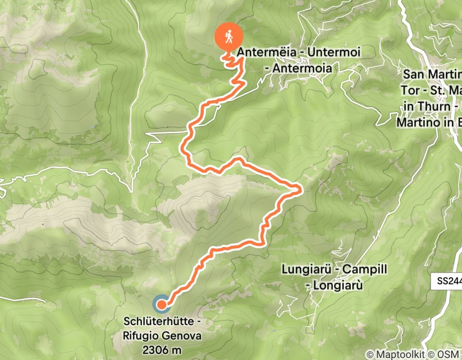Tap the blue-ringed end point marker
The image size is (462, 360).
tap(161, 304)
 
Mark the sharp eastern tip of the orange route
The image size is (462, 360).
tap(300, 191)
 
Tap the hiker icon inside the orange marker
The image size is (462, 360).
tap(227, 35)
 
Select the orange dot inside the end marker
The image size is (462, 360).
tap(161, 304)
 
